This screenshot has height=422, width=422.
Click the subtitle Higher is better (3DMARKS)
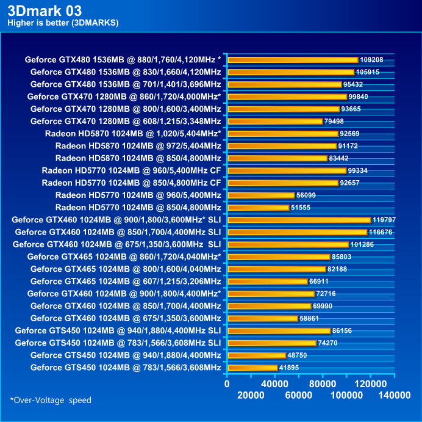(63, 23)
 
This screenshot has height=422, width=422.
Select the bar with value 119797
(299, 220)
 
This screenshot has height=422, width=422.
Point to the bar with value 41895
(252, 368)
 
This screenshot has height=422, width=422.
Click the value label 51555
(304, 208)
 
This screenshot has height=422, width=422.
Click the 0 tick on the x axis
(227, 384)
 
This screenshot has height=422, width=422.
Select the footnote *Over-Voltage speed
(50, 401)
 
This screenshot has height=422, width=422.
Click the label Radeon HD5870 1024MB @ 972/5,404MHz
(138, 146)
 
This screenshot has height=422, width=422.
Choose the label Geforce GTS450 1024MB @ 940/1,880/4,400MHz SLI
(118, 330)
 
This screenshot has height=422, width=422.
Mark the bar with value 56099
(261, 195)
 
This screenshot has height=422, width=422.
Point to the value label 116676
(382, 232)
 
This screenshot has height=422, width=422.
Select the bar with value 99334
(287, 170)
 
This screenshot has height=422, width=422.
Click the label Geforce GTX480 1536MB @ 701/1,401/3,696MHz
(125, 84)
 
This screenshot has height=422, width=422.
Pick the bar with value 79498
(274, 122)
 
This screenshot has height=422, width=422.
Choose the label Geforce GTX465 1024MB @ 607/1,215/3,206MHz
(125, 282)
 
